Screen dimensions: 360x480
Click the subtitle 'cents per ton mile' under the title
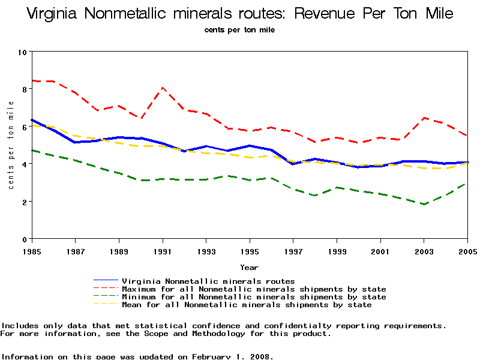coord(239,30)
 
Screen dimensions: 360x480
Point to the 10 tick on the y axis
coord(23,52)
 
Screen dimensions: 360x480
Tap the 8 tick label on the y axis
coord(23,89)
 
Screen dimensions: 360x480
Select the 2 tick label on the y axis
coord(23,202)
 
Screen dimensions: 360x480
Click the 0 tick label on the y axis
coord(23,239)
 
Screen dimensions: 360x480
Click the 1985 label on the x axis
coord(31,250)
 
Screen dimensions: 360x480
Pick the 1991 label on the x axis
coord(162,250)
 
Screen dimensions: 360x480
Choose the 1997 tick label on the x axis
coord(293,250)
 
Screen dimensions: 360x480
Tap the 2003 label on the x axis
coord(424,250)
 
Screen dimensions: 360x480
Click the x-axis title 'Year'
coord(249,268)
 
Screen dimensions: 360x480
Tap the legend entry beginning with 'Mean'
coord(247,305)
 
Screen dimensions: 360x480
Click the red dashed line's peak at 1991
coord(163,88)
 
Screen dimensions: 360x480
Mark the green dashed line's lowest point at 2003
coord(424,205)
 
